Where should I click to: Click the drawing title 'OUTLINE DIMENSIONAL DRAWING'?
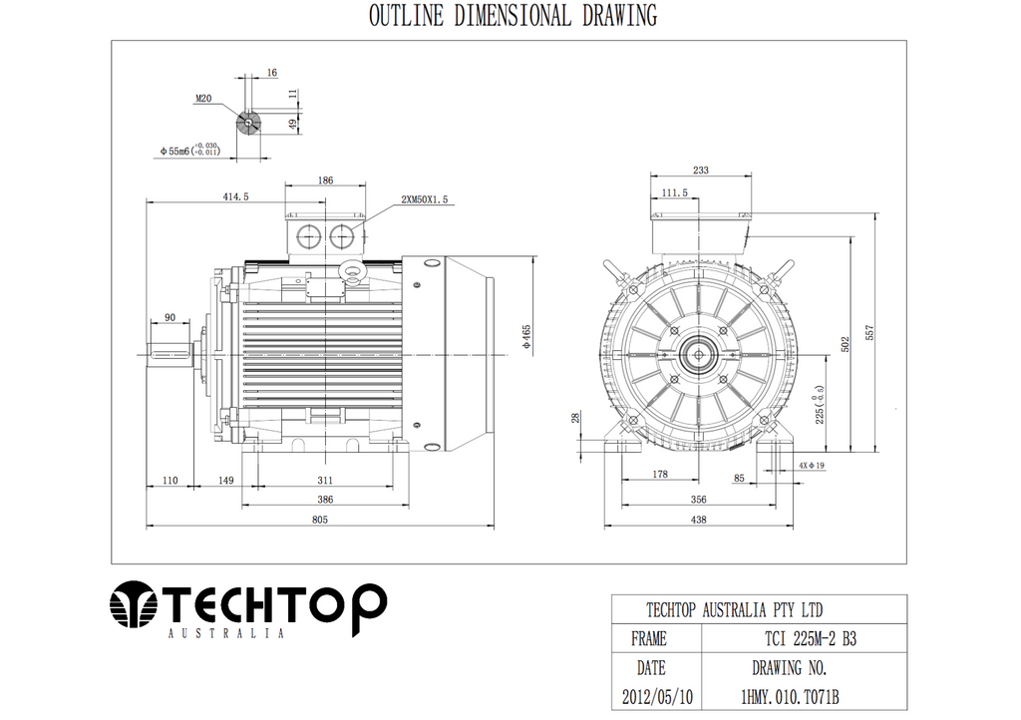coord(512,16)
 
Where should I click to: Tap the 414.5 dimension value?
coord(236,198)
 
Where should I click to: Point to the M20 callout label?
coord(203,99)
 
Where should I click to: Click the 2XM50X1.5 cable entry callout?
coord(426,199)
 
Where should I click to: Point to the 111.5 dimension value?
coord(675,192)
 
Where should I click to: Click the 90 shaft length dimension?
coord(170,317)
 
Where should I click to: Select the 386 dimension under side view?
coord(325,498)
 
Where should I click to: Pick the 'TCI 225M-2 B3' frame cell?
coord(803,639)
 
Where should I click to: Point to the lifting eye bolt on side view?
coord(351,270)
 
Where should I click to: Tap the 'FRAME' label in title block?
coord(649,639)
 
